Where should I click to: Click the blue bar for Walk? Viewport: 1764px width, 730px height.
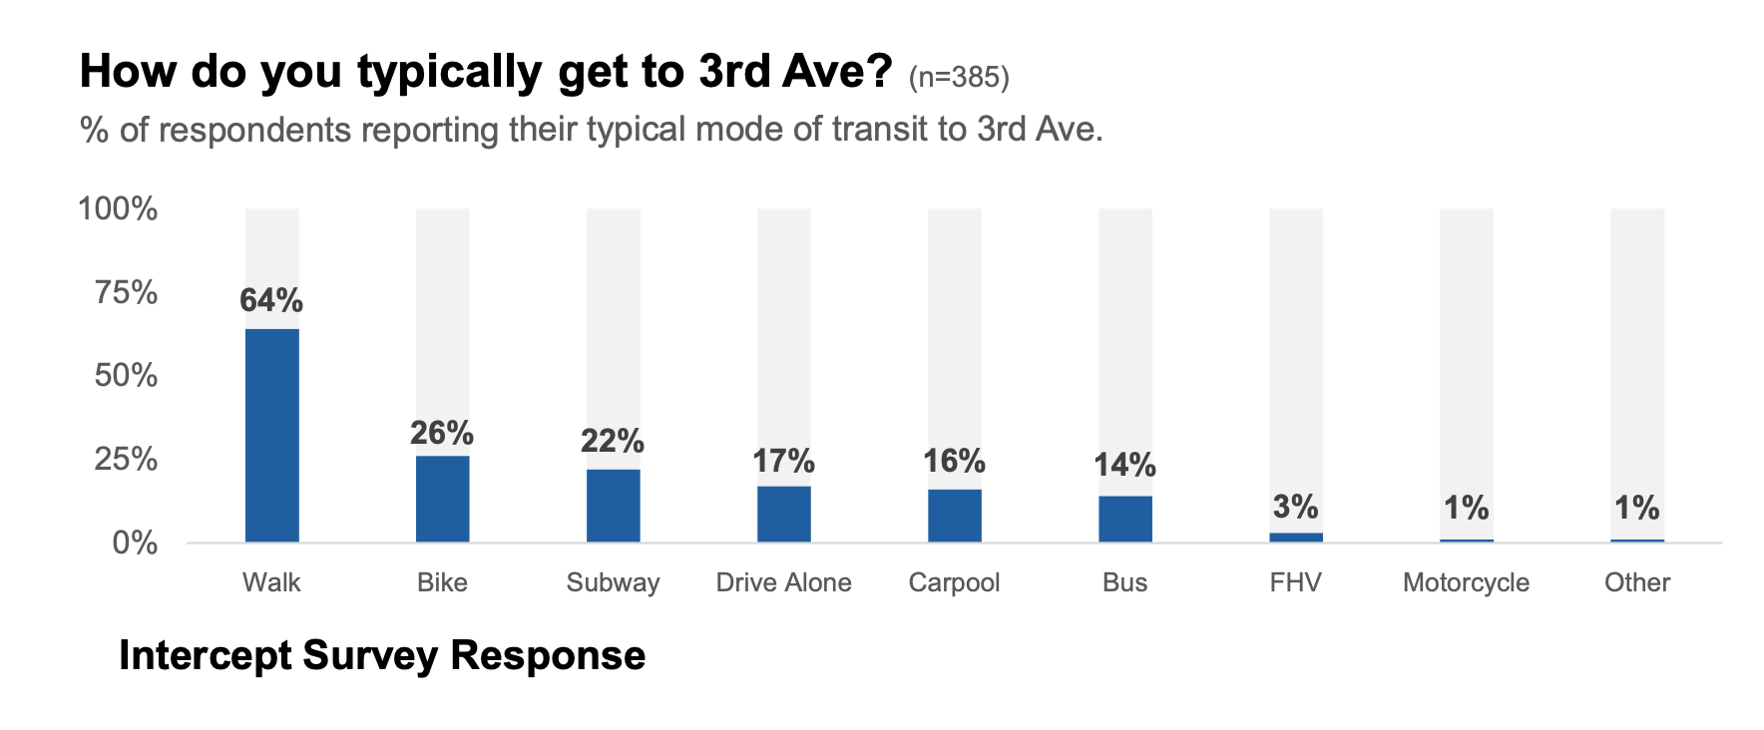[271, 435]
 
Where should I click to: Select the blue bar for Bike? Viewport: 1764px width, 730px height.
[442, 499]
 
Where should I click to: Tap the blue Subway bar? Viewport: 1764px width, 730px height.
[613, 506]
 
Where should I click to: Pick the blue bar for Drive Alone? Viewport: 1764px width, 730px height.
[783, 514]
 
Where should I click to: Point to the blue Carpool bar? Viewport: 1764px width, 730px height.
[954, 516]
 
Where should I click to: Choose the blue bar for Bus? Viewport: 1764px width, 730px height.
[1124, 519]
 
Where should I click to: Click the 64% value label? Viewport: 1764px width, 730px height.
[271, 300]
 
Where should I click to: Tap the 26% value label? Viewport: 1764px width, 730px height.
[442, 433]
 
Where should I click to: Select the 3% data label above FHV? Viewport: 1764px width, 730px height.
[1295, 507]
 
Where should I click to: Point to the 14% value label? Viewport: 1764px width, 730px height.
[1124, 465]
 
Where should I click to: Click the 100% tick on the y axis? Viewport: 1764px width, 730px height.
[118, 208]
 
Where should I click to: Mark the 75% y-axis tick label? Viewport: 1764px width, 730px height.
[126, 292]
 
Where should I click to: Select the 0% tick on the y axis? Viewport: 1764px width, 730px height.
[135, 543]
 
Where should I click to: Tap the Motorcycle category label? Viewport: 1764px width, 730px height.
[1466, 582]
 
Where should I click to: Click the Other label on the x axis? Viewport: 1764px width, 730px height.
[1636, 582]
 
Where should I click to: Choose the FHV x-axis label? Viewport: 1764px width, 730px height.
[1295, 582]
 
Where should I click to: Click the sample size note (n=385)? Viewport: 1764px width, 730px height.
[959, 77]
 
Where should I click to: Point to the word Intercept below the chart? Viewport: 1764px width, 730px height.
[205, 655]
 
